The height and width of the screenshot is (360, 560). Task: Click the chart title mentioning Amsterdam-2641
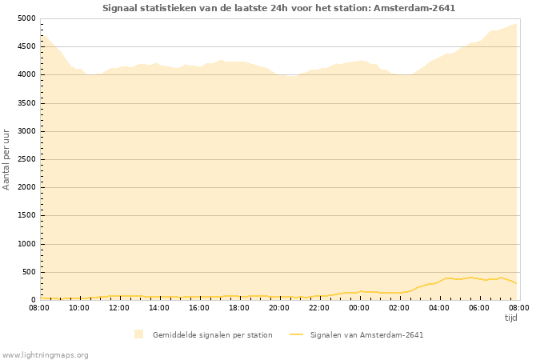click(x=279, y=8)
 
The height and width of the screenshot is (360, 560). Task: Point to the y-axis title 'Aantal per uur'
click(x=6, y=159)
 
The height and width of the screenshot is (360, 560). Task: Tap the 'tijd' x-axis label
click(x=511, y=318)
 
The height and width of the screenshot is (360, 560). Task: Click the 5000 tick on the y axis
click(x=26, y=18)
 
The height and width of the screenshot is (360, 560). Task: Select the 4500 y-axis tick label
click(x=26, y=46)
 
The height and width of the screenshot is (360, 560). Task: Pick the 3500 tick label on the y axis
click(x=26, y=103)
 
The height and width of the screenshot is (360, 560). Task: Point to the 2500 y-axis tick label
click(x=26, y=159)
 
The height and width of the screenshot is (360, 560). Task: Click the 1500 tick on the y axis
click(x=26, y=216)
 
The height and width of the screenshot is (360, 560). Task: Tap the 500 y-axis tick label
click(x=28, y=272)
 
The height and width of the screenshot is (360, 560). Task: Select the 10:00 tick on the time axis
click(x=79, y=307)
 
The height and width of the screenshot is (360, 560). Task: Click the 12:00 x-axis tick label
click(x=119, y=307)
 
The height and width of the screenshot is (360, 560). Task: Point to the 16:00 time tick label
click(x=199, y=307)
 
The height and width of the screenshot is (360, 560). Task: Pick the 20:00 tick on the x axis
click(x=279, y=307)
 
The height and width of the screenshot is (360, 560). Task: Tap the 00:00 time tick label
click(x=359, y=307)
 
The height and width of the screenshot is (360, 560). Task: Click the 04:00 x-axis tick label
click(x=439, y=307)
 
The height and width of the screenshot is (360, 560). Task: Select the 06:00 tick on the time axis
click(x=479, y=307)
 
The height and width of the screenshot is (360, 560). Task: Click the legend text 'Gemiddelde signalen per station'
click(x=213, y=335)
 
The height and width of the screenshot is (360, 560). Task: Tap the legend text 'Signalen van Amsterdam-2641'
click(x=367, y=335)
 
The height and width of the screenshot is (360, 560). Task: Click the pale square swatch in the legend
click(x=139, y=334)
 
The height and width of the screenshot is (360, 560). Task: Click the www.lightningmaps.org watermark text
click(x=46, y=354)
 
